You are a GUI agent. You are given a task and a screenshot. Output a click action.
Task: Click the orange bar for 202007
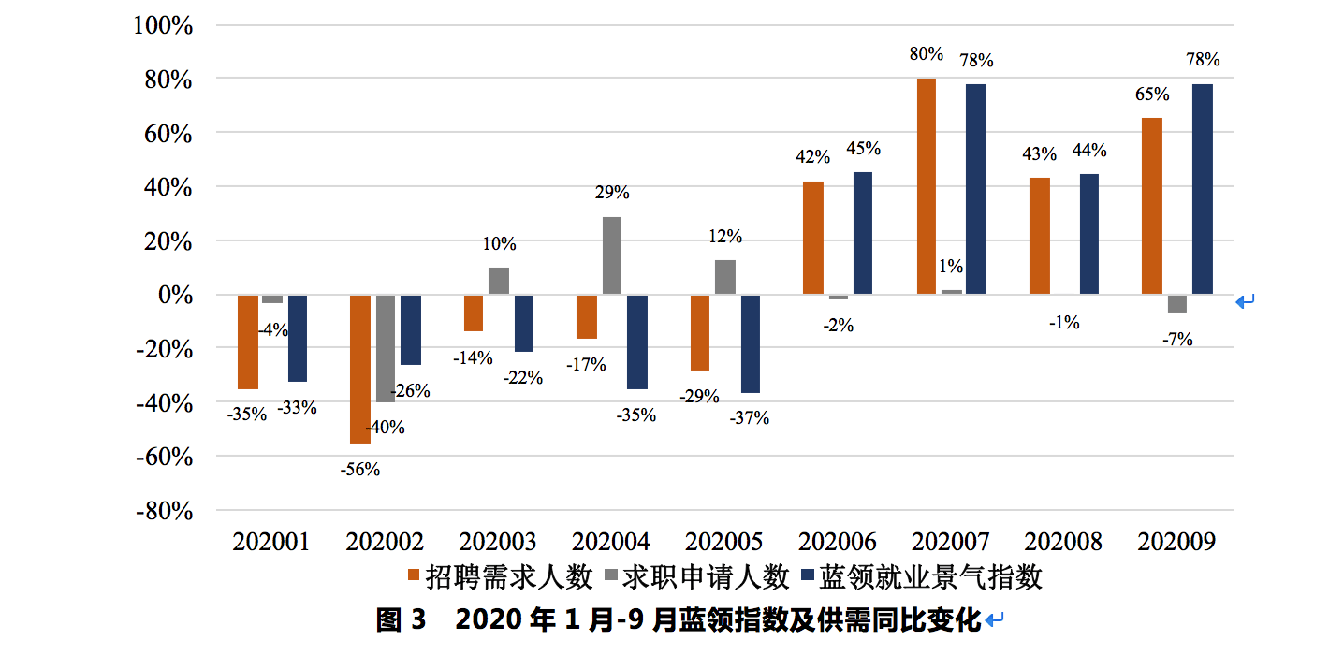tap(926, 186)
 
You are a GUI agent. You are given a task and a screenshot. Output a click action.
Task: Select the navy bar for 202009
tap(1203, 189)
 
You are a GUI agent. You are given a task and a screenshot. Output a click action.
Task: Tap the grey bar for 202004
tap(611, 255)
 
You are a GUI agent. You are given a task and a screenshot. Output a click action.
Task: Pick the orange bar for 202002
tap(360, 369)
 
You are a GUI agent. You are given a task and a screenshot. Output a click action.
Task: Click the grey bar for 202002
tap(386, 348)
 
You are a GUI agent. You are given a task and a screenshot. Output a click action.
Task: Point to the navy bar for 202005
tap(750, 343)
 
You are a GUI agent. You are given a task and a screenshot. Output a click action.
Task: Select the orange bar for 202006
tap(813, 238)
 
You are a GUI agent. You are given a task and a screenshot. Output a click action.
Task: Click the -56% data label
tap(360, 470)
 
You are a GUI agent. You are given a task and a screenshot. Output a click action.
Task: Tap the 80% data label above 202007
tap(926, 54)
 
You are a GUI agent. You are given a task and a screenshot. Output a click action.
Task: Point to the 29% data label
tap(612, 194)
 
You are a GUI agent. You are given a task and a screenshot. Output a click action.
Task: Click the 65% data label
tap(1151, 95)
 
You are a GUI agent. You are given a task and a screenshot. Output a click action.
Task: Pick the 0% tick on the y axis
tap(174, 295)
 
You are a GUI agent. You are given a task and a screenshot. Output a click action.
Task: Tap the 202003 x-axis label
tap(498, 542)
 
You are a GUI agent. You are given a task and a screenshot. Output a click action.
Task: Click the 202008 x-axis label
tap(1063, 542)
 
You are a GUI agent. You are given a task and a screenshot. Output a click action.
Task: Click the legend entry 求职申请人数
tap(706, 577)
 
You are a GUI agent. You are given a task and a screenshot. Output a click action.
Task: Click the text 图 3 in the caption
tap(401, 620)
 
